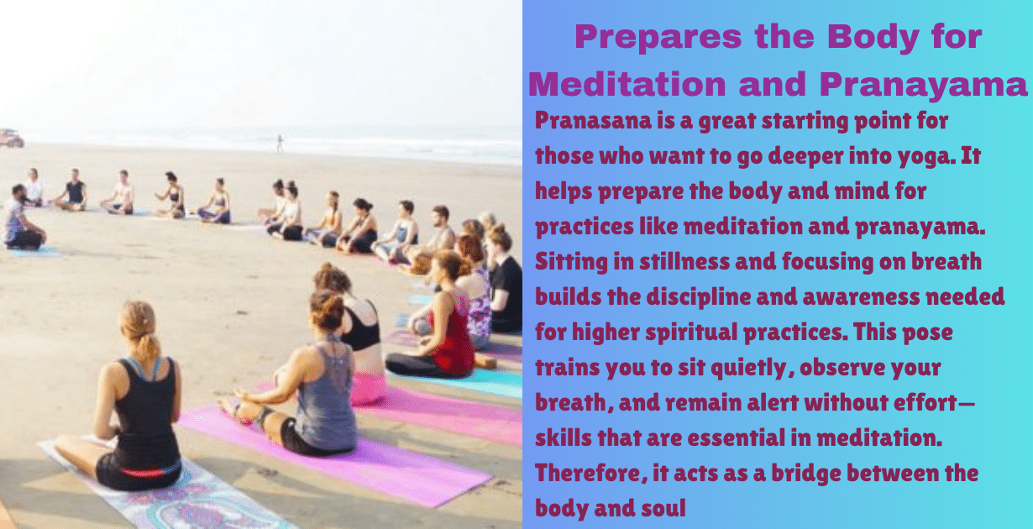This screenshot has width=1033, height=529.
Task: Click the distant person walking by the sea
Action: coord(280,143)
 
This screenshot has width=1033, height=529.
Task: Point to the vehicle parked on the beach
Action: coord(11,139)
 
